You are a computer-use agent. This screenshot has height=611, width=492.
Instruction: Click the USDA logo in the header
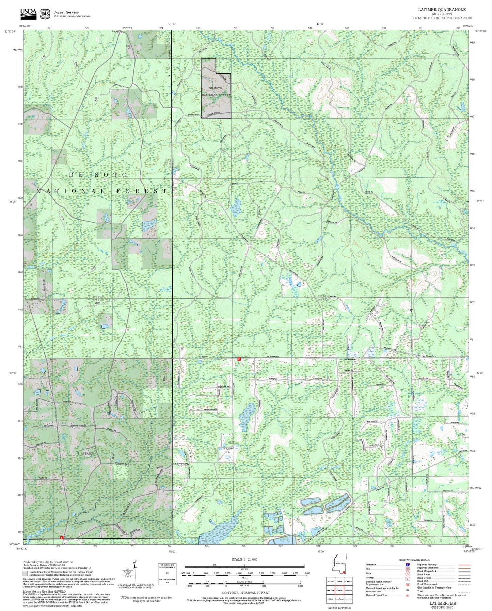pos(28,13)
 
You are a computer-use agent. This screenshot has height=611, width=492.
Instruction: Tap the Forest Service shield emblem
pos(45,14)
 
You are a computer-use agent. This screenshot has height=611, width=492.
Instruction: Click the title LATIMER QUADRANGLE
pos(442,9)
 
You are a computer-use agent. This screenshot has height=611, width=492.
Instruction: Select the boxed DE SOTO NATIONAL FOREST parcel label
pos(216,91)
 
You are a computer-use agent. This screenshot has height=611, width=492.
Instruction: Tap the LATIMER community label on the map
pos(86,454)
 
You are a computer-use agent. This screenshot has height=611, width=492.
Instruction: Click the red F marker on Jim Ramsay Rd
pos(239,359)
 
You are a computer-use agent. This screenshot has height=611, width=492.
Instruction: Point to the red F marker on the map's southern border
pos(62,537)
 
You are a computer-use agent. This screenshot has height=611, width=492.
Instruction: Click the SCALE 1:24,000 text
pos(244,559)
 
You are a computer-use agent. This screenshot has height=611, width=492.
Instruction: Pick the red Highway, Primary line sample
pos(463,565)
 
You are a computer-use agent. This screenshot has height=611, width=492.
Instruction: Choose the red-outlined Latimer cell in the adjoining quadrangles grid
pos(339,590)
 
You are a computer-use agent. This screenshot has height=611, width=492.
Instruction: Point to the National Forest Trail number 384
pos(407,596)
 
